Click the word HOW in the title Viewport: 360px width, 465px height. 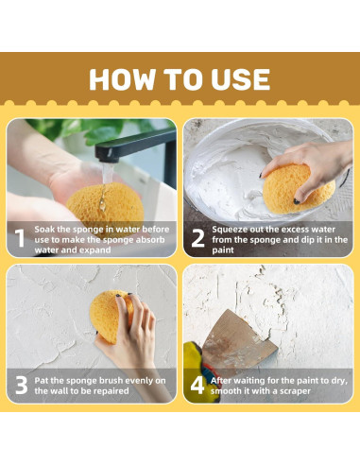[123, 79]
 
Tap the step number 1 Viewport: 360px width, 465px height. [20, 238]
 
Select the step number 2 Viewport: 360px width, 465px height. [197, 238]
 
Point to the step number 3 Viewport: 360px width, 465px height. [22, 385]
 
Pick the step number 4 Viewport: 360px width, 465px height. [197, 385]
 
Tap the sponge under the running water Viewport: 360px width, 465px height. [106, 205]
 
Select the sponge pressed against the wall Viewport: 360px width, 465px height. [111, 316]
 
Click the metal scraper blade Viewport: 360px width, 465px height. [238, 339]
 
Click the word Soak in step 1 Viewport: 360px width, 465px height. [44, 229]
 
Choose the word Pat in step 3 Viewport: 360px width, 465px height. [42, 381]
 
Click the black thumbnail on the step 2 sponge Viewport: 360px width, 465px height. [297, 201]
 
